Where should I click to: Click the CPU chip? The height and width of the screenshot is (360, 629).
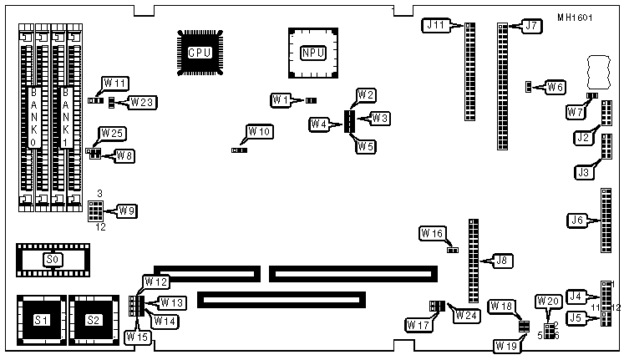[199, 53]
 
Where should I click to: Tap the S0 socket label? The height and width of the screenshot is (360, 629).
[53, 260]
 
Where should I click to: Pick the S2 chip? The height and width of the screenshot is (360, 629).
[94, 320]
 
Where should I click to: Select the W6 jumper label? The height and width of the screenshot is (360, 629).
[555, 86]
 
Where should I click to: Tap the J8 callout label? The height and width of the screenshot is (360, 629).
[502, 261]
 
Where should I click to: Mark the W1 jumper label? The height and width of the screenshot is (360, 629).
[282, 99]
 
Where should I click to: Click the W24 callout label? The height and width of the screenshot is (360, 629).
[465, 315]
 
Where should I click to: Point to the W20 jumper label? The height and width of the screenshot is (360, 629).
[548, 302]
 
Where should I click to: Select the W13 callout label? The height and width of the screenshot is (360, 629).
[172, 302]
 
